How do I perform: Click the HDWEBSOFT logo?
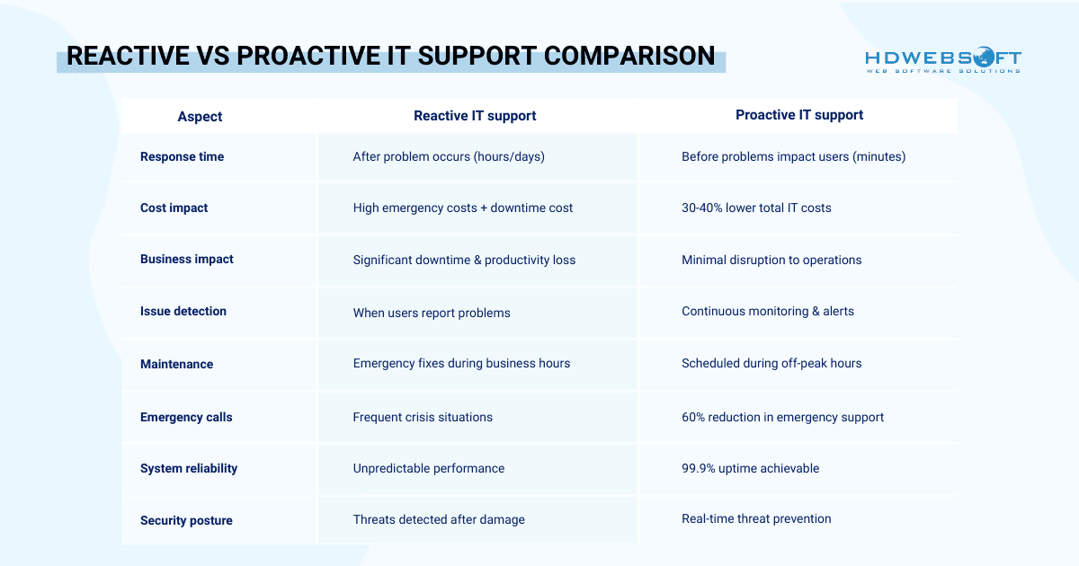tap(943, 61)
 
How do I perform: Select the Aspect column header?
tap(200, 116)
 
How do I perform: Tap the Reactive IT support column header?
tap(475, 115)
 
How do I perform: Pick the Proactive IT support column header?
tap(798, 114)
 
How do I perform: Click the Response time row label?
tap(182, 156)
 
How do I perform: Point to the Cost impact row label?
tap(174, 208)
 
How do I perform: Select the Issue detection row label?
tap(183, 311)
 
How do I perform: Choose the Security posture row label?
tap(186, 520)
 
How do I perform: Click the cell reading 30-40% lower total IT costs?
tap(756, 208)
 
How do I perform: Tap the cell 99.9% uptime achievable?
tap(750, 468)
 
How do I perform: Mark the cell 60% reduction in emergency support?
tap(782, 417)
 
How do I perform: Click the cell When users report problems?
tap(432, 313)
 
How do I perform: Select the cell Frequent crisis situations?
tap(423, 417)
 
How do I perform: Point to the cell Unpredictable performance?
tap(428, 468)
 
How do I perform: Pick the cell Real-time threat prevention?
tap(756, 518)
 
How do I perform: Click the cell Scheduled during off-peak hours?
tap(771, 363)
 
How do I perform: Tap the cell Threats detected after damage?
tap(439, 519)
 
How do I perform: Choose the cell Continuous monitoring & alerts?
tap(768, 311)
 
